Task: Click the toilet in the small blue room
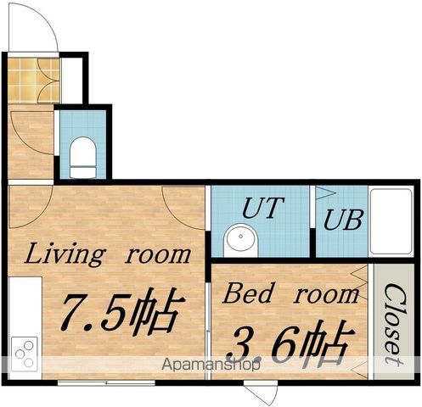[83, 158]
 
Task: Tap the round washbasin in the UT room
[241, 240]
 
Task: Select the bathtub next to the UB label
[391, 221]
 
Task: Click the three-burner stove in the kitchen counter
[25, 354]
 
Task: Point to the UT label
[263, 208]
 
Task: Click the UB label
[343, 220]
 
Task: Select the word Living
[65, 254]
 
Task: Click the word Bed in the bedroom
[248, 293]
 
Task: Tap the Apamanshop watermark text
[211, 365]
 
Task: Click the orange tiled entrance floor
[34, 81]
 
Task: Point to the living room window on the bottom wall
[106, 383]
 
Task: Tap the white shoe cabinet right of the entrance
[71, 81]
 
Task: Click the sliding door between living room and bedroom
[208, 331]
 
